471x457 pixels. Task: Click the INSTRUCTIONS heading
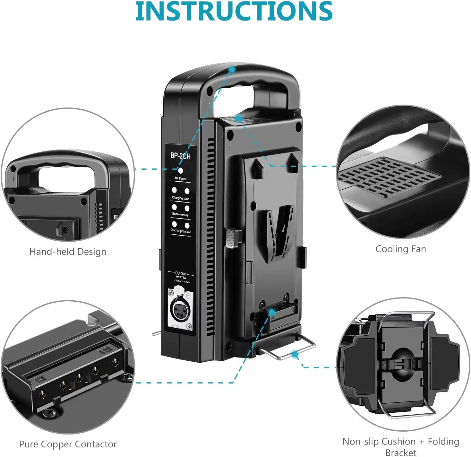234,11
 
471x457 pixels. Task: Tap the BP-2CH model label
180,156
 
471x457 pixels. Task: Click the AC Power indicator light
181,171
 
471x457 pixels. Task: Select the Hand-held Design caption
68,252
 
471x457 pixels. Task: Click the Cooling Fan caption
401,249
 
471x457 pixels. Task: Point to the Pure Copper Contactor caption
68,444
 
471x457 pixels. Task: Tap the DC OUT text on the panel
181,274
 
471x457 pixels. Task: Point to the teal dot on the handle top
232,69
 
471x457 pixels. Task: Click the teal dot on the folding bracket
295,354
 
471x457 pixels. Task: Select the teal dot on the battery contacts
272,312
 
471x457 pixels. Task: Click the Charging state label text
181,198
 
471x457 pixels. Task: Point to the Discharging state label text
181,231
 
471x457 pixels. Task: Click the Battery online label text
180,214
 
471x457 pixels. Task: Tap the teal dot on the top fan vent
238,119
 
